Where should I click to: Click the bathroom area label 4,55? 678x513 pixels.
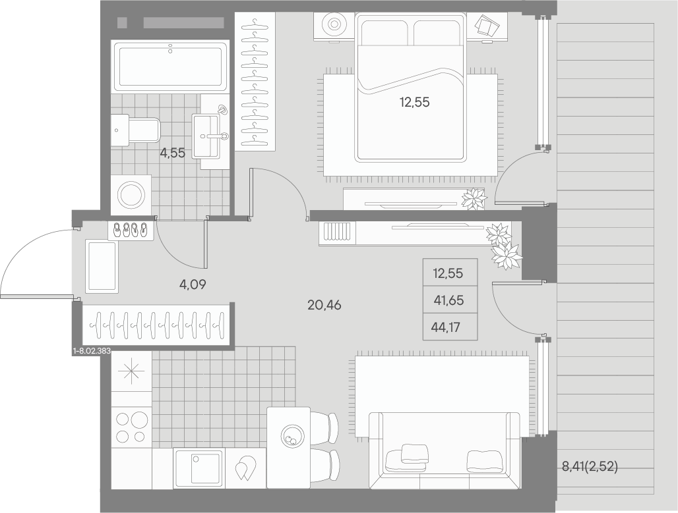173,153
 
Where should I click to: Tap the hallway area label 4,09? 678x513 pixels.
193,284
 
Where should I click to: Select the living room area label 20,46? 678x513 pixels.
324,306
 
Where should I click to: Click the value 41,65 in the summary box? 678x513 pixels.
448,300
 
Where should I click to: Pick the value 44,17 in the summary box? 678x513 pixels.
446,327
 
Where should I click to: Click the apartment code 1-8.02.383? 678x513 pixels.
92,352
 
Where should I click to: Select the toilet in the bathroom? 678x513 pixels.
135,130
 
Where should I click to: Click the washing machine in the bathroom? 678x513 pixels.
131,195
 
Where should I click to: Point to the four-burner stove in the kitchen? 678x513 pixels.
131,427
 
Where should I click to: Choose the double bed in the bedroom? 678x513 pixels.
410,87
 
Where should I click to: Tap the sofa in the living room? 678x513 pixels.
445,450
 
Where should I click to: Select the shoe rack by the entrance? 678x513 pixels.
131,230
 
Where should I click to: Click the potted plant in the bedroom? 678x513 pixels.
474,199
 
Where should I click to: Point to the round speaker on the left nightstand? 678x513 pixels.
334,24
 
